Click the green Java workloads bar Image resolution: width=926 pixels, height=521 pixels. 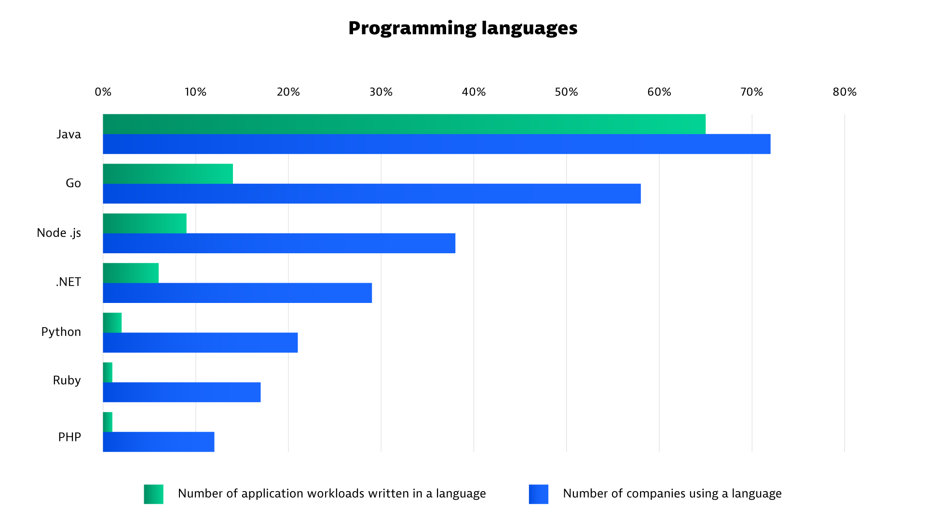[x=404, y=124]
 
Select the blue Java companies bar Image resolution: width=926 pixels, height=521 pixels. [x=436, y=144]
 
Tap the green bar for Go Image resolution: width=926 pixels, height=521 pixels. [x=168, y=174]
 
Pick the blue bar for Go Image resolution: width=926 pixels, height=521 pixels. [x=371, y=194]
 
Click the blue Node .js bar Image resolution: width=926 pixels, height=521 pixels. [x=279, y=244]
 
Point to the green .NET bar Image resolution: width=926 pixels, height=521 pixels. [x=131, y=273]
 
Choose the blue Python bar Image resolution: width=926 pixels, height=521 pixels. [x=200, y=343]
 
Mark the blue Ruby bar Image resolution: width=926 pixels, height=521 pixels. [x=182, y=392]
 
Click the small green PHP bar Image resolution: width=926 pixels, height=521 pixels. [x=108, y=422]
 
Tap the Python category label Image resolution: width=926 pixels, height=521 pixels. [x=61, y=332]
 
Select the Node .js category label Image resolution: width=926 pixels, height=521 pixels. [x=59, y=233]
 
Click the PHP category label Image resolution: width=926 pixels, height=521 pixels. [x=69, y=437]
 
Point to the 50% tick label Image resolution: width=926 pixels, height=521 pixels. [x=566, y=92]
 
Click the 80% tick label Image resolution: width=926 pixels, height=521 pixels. [x=844, y=92]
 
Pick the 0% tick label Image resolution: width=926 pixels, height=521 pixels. [x=103, y=92]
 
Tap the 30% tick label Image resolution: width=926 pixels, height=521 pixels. [x=381, y=92]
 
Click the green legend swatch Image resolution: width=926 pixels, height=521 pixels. [x=153, y=494]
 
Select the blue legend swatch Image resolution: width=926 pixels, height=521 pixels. [x=538, y=494]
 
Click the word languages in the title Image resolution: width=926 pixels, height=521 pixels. [x=529, y=28]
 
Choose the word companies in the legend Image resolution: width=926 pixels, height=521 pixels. [x=665, y=494]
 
